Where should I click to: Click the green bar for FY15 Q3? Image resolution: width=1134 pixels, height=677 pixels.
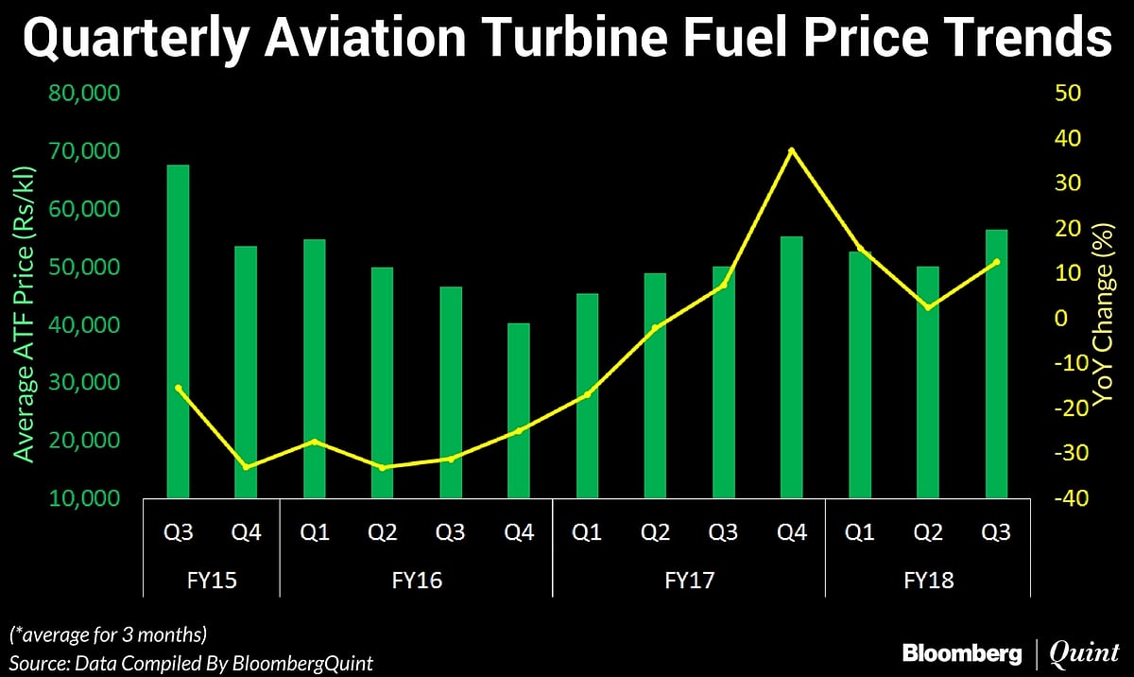[x=178, y=331]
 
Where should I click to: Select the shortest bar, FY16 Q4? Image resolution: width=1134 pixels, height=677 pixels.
[x=519, y=410]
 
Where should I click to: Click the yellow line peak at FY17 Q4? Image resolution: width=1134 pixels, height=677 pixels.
[x=792, y=150]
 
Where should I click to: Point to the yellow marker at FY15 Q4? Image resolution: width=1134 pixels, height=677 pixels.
[x=246, y=467]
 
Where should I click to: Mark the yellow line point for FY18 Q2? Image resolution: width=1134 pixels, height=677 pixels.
[x=928, y=307]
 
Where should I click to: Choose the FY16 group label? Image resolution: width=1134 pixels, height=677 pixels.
[x=416, y=579]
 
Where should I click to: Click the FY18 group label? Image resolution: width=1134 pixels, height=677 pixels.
[x=928, y=579]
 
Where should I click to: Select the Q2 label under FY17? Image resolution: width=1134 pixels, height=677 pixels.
[x=655, y=532]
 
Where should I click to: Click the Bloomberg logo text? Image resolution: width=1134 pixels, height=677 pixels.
[x=962, y=652]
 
